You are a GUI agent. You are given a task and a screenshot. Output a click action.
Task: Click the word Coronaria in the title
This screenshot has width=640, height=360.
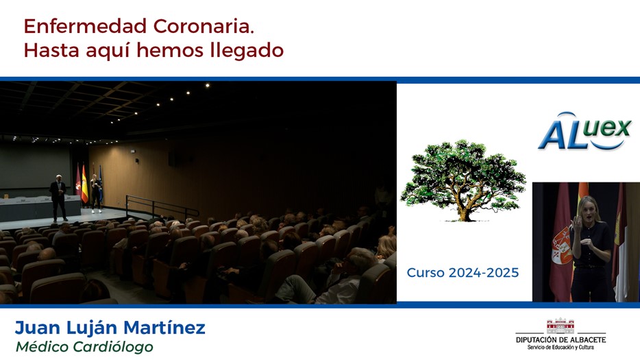pos(204,27)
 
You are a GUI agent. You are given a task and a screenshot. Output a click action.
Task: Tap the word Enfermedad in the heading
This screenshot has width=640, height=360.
pos(85,27)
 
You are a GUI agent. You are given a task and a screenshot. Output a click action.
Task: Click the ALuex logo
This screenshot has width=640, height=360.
pos(584,131)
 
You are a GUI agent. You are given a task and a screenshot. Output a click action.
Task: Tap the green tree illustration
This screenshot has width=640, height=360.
pos(463,180)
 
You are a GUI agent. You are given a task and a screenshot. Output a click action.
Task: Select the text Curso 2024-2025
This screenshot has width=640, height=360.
pos(463,272)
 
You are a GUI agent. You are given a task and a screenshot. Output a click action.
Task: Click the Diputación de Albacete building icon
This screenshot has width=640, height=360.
pos(561,326)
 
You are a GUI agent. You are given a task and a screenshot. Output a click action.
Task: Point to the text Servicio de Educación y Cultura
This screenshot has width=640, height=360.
pos(561,348)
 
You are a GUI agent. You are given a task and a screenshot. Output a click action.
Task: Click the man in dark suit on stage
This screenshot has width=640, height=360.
pos(58,198)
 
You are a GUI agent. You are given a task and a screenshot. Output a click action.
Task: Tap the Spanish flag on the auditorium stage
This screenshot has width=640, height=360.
pos(84,184)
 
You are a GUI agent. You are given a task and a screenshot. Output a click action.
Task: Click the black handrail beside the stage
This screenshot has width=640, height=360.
pos(162,206)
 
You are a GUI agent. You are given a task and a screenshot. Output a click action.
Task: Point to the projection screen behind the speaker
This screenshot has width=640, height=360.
pos(36,165)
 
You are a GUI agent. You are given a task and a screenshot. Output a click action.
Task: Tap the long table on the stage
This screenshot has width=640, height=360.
pos(40,208)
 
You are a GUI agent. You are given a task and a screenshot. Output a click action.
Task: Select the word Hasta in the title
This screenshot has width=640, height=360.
pos(51,51)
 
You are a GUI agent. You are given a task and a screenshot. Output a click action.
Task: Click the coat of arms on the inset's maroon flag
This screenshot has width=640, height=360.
pos(561,245)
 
